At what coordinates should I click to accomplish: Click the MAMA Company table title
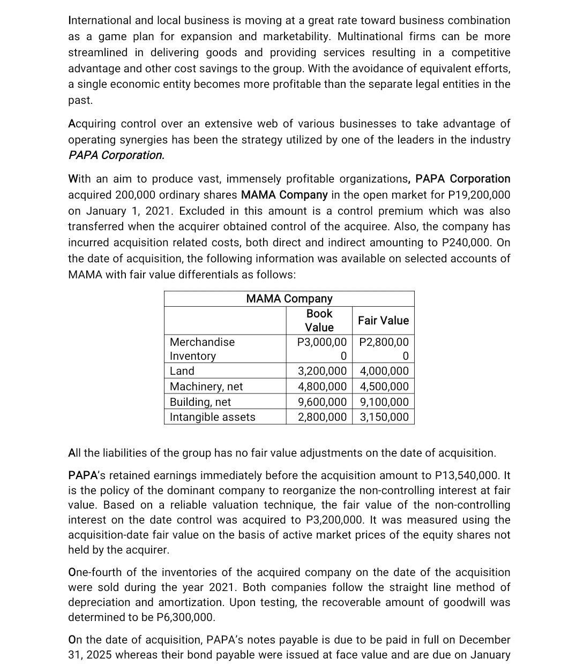289,299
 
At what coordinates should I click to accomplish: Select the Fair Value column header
383,321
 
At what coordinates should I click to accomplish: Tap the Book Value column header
319,321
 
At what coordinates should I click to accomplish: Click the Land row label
182,371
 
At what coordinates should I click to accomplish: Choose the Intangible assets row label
212,417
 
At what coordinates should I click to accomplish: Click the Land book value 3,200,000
322,371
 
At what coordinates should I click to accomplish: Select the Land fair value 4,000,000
384,371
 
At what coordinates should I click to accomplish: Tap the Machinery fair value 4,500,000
384,387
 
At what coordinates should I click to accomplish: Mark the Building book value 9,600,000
322,402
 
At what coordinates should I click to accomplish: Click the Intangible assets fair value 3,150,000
384,417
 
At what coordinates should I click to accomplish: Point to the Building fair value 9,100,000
384,402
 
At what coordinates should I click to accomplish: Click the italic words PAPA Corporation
116,155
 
